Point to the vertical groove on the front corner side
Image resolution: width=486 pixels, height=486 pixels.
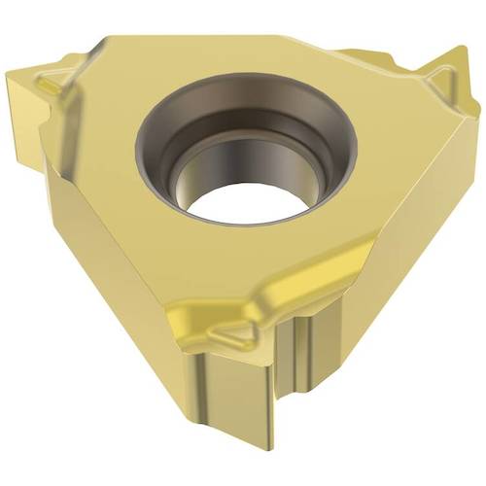tap(297, 379)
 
